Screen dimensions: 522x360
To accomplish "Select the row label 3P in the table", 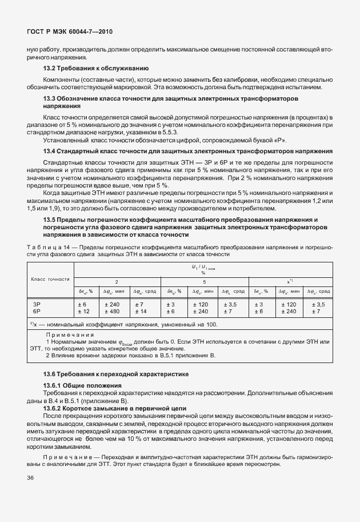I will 37,305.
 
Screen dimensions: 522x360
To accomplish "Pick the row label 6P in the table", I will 37,312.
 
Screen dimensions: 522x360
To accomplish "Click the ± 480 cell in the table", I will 113,312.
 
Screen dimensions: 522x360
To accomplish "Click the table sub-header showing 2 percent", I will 117,282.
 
